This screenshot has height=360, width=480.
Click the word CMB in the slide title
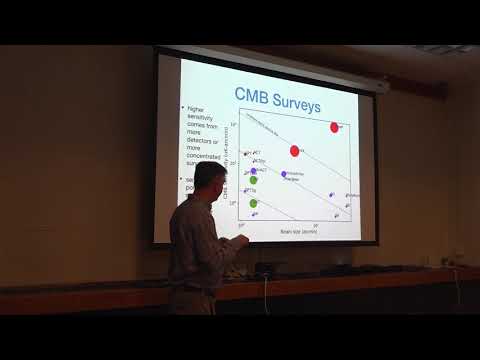coord(254,95)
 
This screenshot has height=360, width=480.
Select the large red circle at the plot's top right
coord(335,127)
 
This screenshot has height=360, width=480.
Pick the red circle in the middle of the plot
coord(295,151)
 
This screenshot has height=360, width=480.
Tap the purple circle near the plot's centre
coord(284,174)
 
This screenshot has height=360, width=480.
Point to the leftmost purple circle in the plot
coord(253,171)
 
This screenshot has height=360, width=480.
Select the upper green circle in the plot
coord(253,181)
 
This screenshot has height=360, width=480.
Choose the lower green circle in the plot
coord(253,203)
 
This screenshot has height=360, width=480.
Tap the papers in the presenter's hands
coord(229,243)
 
